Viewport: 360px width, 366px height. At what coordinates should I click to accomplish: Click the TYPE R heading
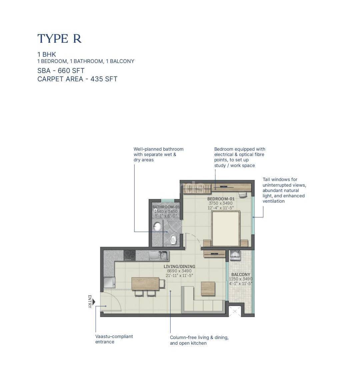pyautogui.click(x=59, y=39)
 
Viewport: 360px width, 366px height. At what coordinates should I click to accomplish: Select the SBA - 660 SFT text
pyautogui.click(x=61, y=71)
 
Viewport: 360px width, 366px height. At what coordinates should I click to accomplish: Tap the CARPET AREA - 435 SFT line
pyautogui.click(x=77, y=79)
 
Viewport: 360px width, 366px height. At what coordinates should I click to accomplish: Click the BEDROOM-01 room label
pyautogui.click(x=221, y=199)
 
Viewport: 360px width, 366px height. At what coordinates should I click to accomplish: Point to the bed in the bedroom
pyautogui.click(x=226, y=228)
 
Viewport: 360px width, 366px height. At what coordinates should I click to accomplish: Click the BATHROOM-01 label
pyautogui.click(x=166, y=207)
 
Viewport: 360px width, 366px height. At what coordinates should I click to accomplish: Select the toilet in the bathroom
pyautogui.click(x=173, y=238)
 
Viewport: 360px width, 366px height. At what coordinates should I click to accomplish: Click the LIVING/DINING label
pyautogui.click(x=179, y=266)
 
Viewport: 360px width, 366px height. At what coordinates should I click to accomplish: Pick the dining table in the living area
pyautogui.click(x=145, y=284)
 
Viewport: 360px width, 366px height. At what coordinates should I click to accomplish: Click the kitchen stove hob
pyautogui.click(x=129, y=255)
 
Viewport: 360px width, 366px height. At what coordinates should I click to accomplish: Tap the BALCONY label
pyautogui.click(x=240, y=274)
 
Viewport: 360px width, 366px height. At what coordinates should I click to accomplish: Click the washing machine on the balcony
pyautogui.click(x=235, y=256)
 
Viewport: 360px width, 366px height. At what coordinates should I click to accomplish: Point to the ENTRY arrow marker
pyautogui.click(x=94, y=302)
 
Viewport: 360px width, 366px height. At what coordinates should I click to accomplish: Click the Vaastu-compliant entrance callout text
pyautogui.click(x=114, y=339)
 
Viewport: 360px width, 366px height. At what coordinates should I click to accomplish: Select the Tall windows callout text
pyautogui.click(x=284, y=190)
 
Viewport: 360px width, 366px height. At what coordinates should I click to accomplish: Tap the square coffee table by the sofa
pyautogui.click(x=208, y=289)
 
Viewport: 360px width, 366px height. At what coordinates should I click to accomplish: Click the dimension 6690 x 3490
pyautogui.click(x=179, y=271)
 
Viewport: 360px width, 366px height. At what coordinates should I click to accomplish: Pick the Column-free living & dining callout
pyautogui.click(x=199, y=340)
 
